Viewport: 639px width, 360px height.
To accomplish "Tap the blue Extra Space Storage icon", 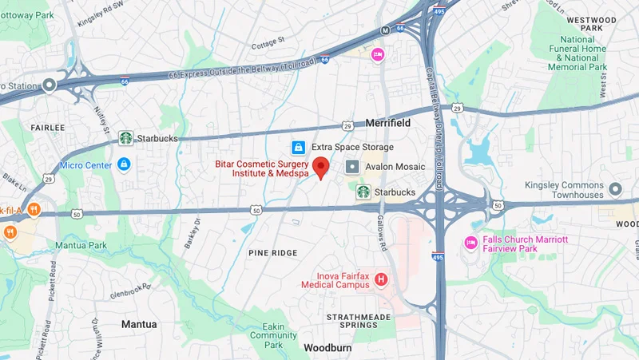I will tap(298, 147).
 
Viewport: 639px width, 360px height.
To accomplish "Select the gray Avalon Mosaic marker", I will tap(352, 167).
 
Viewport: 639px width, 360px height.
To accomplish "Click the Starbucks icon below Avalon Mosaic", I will tap(363, 192).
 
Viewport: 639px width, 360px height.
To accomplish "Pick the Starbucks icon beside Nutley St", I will tap(125, 138).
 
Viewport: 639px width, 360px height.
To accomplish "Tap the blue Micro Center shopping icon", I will tap(124, 164).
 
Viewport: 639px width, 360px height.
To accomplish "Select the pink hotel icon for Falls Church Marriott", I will tap(471, 243).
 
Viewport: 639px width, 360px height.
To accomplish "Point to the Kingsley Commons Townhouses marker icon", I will tap(615, 189).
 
